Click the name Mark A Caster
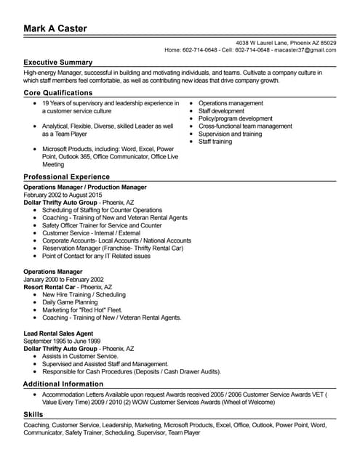(x=55, y=28)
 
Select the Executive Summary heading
(x=58, y=62)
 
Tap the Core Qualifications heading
(x=58, y=93)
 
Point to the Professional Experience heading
(x=67, y=177)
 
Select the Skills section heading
(x=33, y=413)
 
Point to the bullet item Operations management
(x=231, y=104)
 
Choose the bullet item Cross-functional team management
(x=245, y=126)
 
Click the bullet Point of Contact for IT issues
(x=97, y=256)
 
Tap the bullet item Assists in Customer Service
(x=80, y=356)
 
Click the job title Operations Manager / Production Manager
(x=85, y=187)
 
